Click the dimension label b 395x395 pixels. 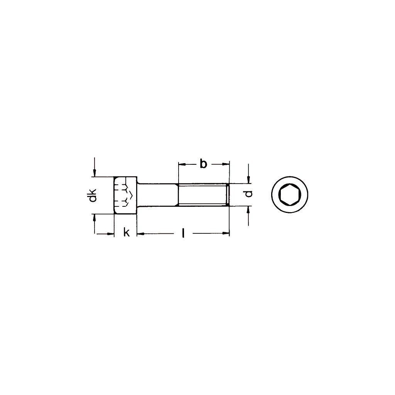point(203,164)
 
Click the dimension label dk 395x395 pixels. point(92,196)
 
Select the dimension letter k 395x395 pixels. point(126,233)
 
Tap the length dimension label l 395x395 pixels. point(184,233)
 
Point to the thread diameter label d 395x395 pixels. point(249,194)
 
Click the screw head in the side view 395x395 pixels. point(125,195)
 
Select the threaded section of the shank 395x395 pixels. point(202,195)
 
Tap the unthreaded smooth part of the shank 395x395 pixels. point(158,195)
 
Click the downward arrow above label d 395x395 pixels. point(249,180)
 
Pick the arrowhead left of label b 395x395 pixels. point(181,164)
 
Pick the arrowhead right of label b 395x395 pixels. point(226,164)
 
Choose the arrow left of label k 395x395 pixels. point(111,233)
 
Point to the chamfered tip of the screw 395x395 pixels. point(228,195)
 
